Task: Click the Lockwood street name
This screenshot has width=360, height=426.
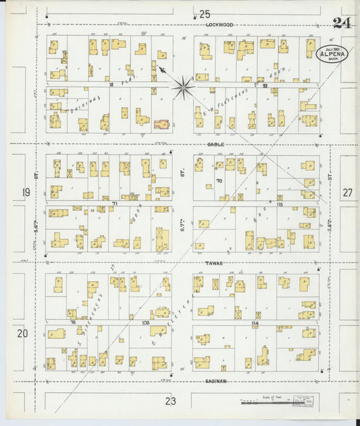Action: coord(220,24)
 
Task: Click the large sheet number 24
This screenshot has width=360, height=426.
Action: coord(342,22)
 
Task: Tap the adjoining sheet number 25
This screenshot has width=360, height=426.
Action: coord(205,14)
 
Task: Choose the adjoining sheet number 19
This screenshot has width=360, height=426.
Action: coord(26,193)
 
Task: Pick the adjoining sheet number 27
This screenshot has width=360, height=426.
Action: coord(347,193)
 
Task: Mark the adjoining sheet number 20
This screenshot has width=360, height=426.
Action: coord(23,333)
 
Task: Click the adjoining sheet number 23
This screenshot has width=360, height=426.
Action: coord(170,401)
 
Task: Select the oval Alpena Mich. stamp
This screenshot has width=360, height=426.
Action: coord(332,54)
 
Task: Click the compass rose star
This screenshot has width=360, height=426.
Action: coord(182,86)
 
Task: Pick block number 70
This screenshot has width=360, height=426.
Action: coord(219,181)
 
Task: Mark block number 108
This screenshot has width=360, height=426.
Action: coord(145,323)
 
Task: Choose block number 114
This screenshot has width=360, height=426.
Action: coord(255,323)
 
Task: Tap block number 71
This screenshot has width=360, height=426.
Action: coord(115,203)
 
